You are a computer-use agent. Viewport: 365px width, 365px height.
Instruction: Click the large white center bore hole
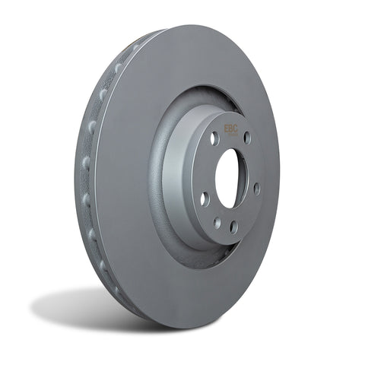click(229, 179)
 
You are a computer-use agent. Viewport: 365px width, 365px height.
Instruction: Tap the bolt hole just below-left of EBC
click(214, 140)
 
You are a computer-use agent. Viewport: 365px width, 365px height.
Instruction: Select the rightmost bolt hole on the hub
click(256, 187)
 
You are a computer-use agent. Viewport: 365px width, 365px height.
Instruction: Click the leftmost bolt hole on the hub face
click(204, 198)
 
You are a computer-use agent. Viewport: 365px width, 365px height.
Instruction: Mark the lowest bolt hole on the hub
click(233, 226)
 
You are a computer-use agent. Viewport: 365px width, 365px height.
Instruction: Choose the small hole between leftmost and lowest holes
click(217, 223)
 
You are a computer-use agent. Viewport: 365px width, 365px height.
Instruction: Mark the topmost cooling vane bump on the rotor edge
click(137, 47)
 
